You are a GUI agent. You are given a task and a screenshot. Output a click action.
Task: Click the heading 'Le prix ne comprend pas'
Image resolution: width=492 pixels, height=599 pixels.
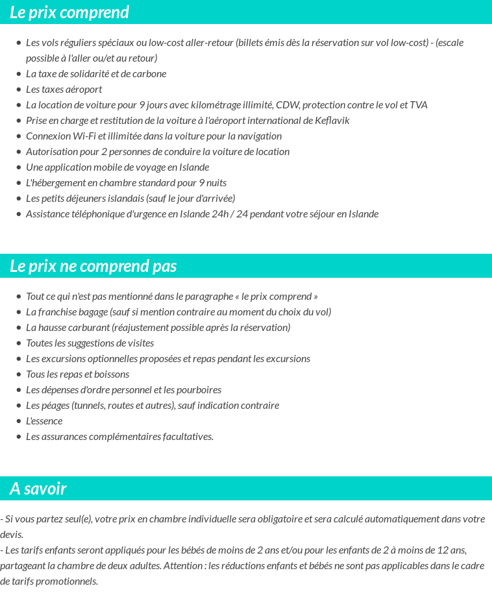93,266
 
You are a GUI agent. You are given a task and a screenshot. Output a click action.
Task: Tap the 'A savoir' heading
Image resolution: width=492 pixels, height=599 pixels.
38,489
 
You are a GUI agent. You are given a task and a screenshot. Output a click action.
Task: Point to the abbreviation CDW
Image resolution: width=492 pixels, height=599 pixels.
286,105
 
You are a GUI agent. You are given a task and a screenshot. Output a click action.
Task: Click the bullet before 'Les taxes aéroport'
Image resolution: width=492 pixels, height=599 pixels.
19,90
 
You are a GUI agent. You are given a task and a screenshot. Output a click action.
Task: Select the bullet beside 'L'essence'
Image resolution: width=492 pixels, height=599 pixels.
19,421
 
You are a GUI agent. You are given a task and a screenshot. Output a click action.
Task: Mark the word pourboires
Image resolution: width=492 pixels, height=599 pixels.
200,390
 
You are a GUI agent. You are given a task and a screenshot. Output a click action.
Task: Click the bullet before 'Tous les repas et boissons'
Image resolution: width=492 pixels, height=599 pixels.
19,374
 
